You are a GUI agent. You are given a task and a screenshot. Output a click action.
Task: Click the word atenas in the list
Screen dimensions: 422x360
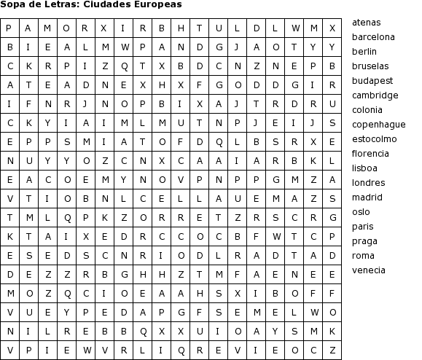pos(366,23)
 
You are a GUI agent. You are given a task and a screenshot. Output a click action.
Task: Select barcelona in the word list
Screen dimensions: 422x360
pos(373,37)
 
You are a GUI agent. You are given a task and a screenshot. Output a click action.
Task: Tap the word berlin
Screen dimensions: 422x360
pos(364,52)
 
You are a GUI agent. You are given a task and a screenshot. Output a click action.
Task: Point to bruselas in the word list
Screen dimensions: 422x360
pos(370,66)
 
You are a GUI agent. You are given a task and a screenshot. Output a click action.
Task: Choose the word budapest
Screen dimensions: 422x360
pos(372,81)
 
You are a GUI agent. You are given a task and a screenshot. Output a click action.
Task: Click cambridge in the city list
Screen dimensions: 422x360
pos(375,95)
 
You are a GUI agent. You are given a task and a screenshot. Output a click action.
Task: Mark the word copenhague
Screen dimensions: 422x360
pos(378,125)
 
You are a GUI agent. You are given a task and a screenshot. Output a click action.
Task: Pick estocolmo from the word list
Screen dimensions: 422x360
pos(374,139)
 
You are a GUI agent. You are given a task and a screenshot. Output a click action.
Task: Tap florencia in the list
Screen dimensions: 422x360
pos(371,154)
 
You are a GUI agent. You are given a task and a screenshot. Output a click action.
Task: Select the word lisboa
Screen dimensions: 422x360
pos(364,168)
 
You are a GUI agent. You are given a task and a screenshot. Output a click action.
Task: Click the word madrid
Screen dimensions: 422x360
pos(367,197)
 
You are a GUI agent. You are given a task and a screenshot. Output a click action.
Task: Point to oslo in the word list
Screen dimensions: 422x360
pos(361,212)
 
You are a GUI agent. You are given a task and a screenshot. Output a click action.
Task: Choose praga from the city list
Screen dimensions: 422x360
pos(364,241)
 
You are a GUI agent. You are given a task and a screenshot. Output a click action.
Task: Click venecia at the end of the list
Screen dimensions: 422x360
pos(368,270)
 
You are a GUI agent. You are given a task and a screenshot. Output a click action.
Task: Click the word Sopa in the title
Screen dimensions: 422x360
pos(12,4)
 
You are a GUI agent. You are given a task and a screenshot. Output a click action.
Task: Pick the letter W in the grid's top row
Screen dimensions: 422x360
pos(294,29)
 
